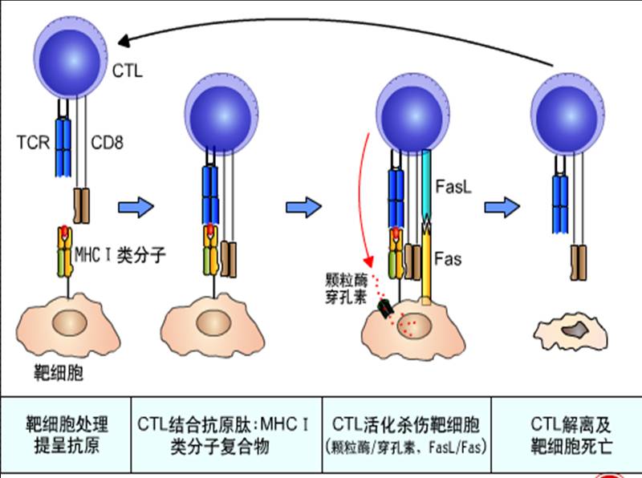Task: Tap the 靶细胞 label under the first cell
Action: pos(59,373)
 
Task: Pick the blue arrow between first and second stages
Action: pos(135,208)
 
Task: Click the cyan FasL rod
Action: pos(427,184)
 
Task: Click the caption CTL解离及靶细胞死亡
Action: pos(571,434)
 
